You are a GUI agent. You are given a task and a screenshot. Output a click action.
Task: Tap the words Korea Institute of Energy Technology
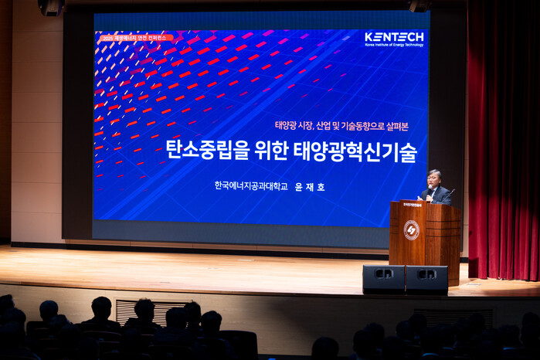pos(394,45)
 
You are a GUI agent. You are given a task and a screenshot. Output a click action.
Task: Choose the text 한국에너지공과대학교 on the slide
pos(251,186)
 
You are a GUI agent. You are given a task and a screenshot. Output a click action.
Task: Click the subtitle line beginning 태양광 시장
pos(340,125)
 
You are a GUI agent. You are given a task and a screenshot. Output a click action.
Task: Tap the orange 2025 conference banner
pos(135,37)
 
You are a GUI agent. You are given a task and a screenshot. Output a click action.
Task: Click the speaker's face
pos(434,179)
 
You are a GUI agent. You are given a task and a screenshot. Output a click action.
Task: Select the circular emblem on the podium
pos(411,229)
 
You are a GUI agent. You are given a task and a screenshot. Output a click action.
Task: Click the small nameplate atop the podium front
pos(412,205)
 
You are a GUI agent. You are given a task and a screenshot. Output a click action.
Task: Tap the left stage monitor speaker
pos(383,278)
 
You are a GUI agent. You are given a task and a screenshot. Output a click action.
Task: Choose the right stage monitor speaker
pos(426,278)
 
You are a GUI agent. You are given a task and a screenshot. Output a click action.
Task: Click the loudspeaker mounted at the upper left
pos(50,7)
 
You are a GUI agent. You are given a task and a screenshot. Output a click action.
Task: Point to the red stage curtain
pos(503,139)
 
